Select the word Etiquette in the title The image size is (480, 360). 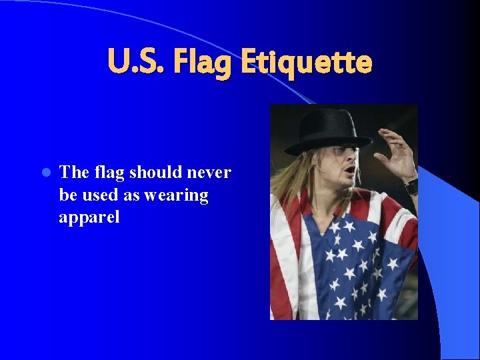306,63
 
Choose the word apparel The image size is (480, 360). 89,218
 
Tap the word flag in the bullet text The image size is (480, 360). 108,173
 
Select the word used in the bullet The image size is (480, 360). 97,195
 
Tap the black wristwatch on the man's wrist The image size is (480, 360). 411,186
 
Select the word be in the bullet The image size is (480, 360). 68,195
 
